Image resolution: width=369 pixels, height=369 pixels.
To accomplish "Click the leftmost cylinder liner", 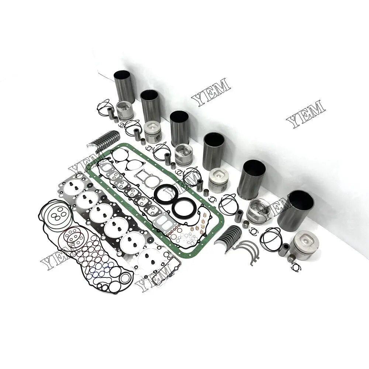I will point(124,86).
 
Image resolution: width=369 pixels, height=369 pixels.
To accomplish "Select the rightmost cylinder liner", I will point(295,210).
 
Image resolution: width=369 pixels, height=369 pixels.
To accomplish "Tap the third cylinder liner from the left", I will point(180,128).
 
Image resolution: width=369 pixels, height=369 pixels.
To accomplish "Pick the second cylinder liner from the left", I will point(150,106).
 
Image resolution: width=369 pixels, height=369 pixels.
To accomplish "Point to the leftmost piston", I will point(124,110).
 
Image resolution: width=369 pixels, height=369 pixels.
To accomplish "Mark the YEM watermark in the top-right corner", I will point(306,114).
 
